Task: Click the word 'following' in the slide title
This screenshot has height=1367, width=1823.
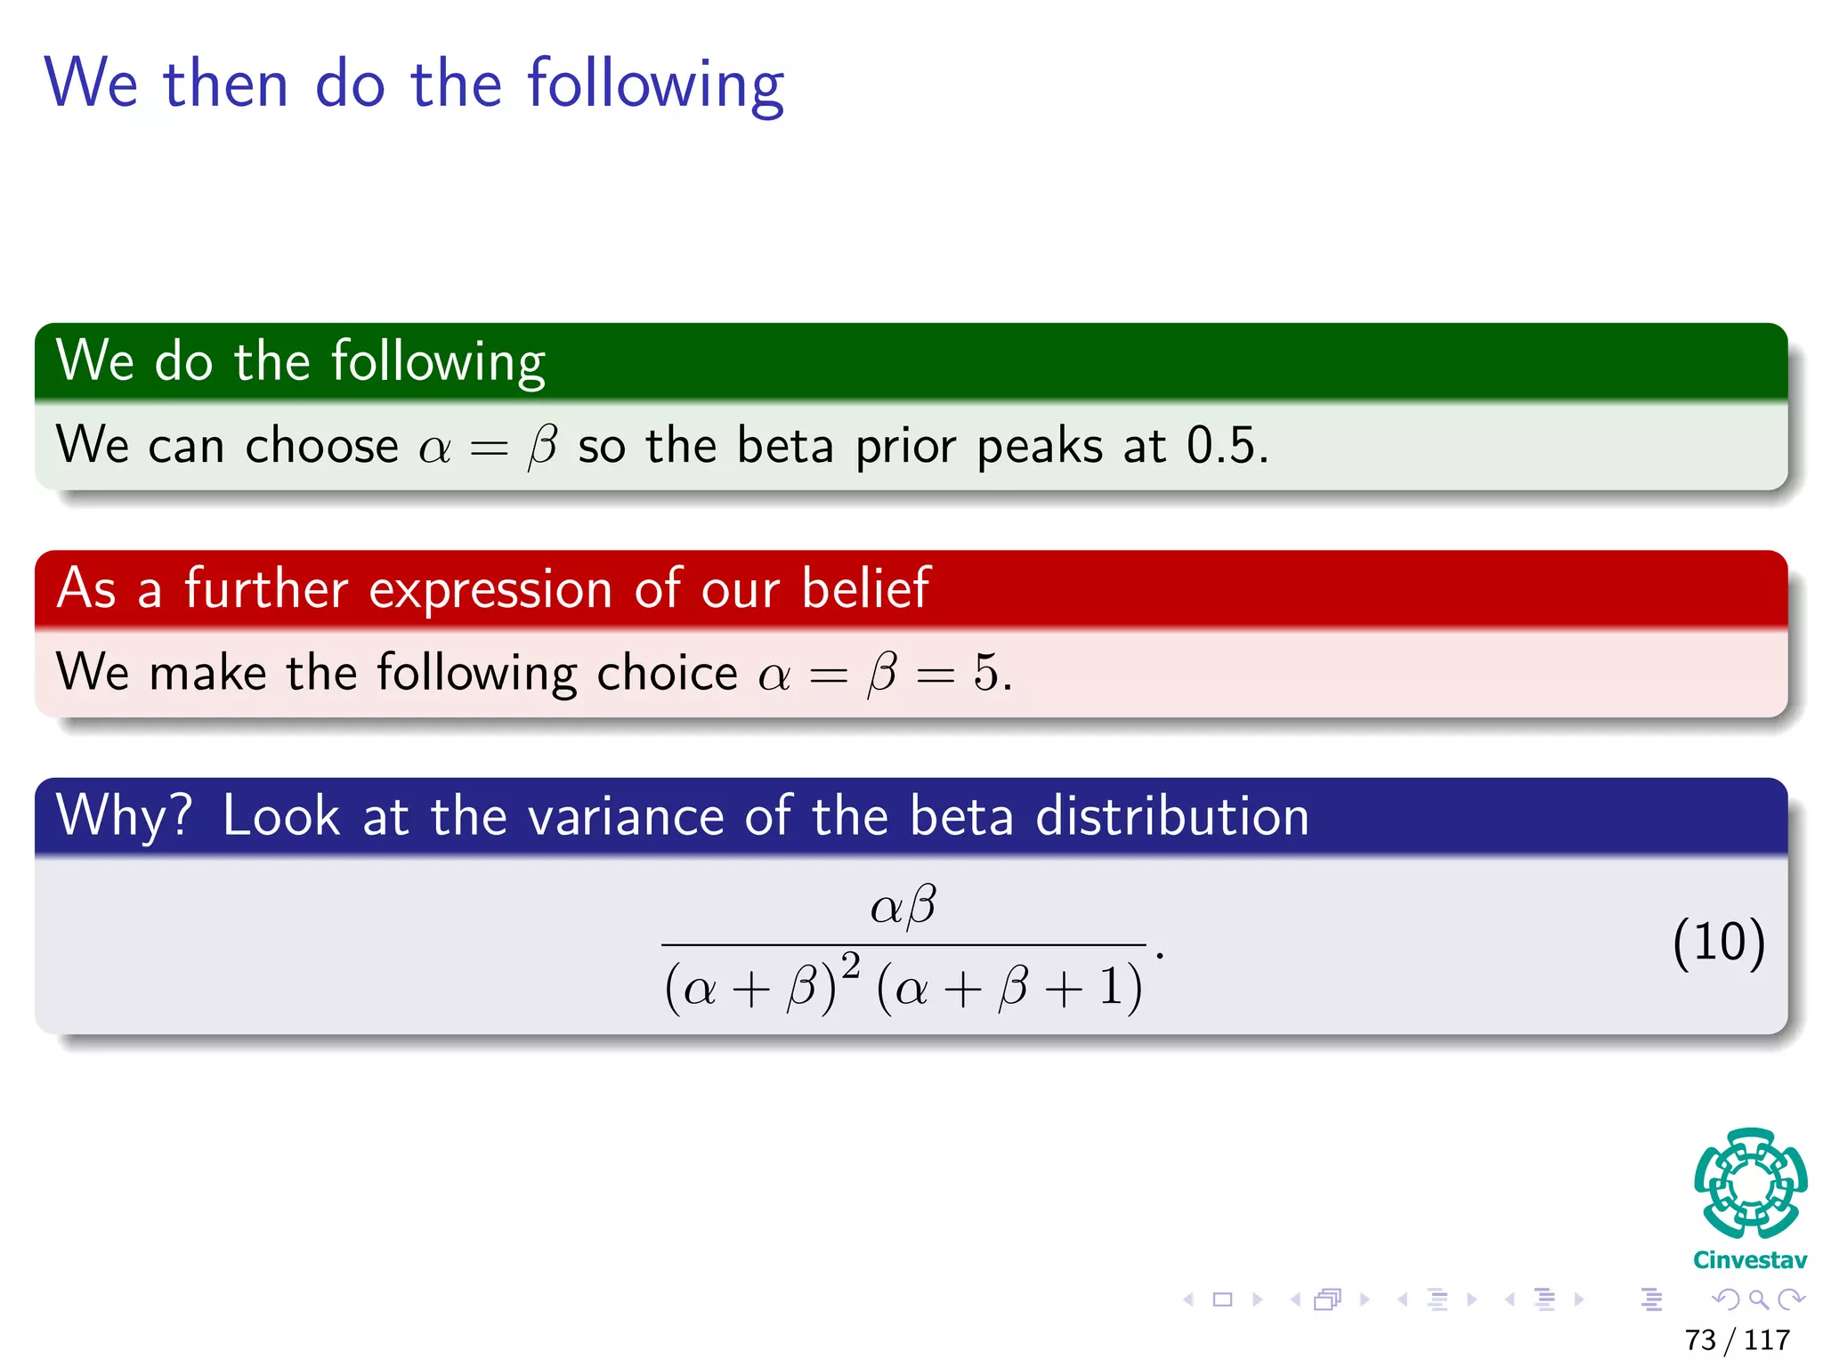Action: pos(655,85)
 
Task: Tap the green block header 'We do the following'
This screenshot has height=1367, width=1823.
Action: pos(301,361)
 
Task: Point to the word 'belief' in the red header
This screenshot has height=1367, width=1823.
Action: pos(865,588)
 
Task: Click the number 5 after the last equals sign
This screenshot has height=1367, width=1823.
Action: pos(986,673)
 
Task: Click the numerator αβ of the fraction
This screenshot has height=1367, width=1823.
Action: pos(903,907)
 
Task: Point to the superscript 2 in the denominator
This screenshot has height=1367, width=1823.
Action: pos(851,965)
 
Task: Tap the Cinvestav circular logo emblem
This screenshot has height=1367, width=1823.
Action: pos(1750,1184)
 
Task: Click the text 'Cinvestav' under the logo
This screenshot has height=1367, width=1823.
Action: pos(1750,1260)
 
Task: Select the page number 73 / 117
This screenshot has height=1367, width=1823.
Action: pos(1737,1339)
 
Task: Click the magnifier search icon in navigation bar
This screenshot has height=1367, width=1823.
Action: pos(1758,1300)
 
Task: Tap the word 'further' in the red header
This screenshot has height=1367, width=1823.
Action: pos(265,588)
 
